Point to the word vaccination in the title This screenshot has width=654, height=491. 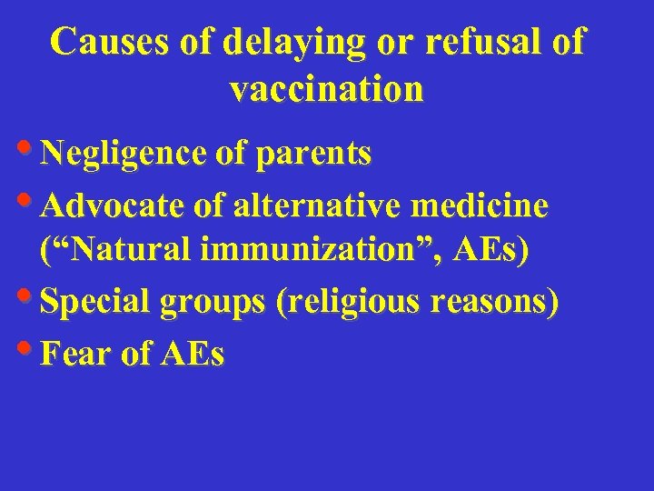[x=327, y=89]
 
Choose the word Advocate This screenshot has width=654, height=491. [x=115, y=206]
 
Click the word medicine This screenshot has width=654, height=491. [x=481, y=206]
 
